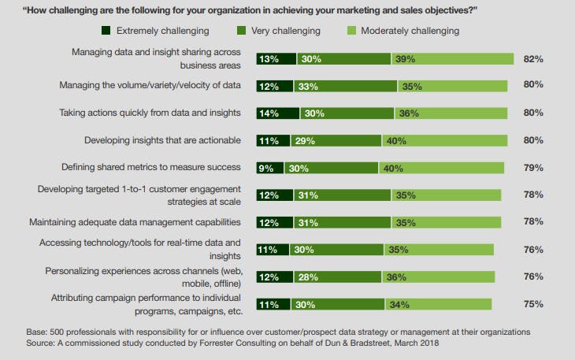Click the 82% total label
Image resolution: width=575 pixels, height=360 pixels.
[533, 59]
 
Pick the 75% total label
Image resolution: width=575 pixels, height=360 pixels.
[533, 304]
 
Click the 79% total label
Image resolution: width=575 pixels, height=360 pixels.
[533, 168]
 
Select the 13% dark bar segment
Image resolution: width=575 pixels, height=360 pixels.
[276, 59]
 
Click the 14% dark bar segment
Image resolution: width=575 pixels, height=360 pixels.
[277, 113]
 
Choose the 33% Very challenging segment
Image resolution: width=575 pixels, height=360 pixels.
[345, 86]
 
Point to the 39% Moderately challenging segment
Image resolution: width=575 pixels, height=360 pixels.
[451, 59]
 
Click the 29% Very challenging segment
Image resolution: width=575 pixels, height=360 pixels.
[336, 140]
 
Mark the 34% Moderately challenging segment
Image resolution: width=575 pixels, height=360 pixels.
[438, 304]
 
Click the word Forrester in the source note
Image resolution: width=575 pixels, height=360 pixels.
[198, 344]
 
